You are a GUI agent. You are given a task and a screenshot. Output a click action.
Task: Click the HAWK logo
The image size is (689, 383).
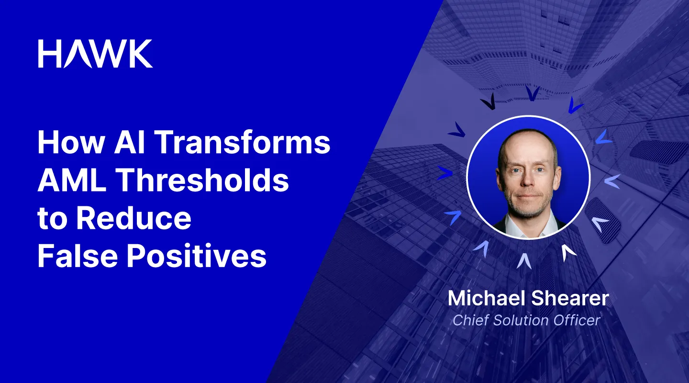point(95,54)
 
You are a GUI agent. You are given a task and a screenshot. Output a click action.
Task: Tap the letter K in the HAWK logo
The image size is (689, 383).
point(140,54)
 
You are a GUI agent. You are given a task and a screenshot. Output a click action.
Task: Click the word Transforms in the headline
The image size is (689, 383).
point(244,143)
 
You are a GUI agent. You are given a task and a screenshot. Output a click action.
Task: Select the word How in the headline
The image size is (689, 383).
point(67,143)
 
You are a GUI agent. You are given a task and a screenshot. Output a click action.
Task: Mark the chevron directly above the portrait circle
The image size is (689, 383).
point(532,92)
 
